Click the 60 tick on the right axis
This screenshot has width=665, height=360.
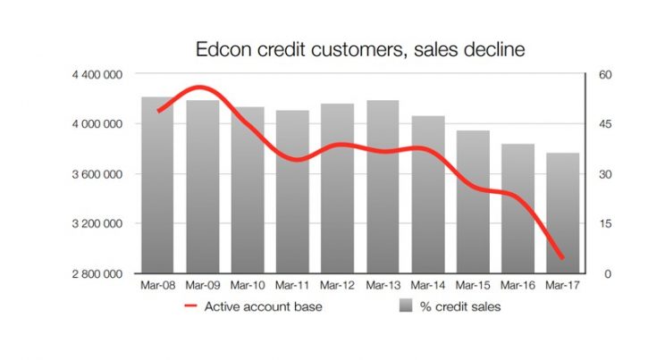(605, 74)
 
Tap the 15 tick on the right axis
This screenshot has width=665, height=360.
(605, 224)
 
